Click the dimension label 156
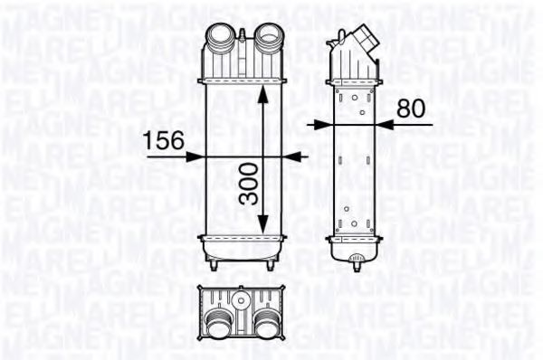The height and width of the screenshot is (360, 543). (x=164, y=140)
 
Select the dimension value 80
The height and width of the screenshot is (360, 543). (x=411, y=109)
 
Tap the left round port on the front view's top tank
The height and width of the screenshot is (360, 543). (x=221, y=40)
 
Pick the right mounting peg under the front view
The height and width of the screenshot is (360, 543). (x=272, y=267)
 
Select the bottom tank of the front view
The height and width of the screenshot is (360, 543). (x=243, y=246)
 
